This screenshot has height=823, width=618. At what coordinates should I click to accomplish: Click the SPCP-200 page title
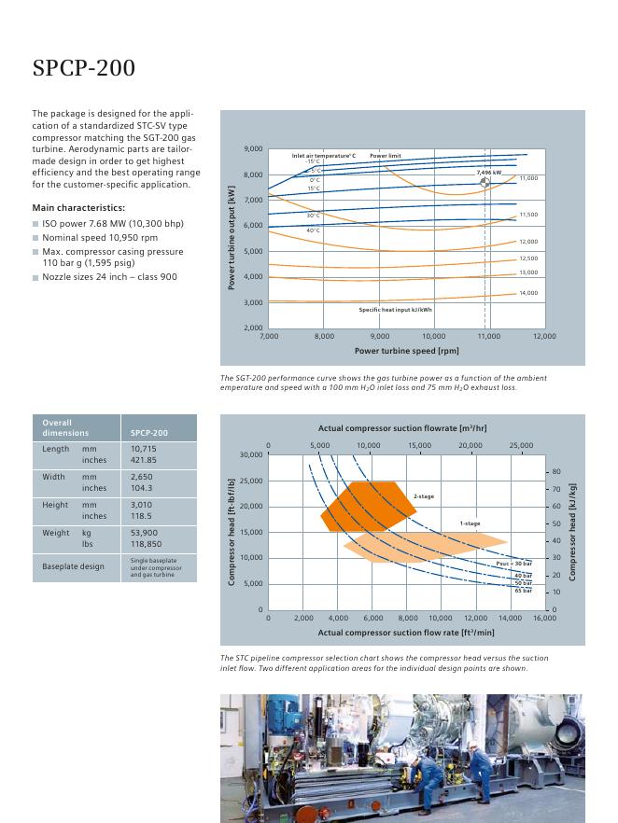click(84, 68)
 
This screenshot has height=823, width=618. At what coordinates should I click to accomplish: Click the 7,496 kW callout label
click(488, 173)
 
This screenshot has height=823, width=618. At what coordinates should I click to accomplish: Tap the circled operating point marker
click(485, 183)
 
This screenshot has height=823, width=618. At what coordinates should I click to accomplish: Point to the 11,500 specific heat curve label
click(528, 215)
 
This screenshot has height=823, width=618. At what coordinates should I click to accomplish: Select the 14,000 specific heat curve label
click(528, 293)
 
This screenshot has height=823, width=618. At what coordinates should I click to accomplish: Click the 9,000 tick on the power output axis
click(253, 149)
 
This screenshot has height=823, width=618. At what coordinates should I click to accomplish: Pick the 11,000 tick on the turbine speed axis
click(489, 336)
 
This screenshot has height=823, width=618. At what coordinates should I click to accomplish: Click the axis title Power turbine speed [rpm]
click(406, 351)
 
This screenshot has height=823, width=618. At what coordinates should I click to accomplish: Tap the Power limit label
click(385, 155)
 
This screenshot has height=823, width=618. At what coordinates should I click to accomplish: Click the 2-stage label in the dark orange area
click(423, 496)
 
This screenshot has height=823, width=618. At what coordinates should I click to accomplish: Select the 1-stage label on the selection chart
click(470, 523)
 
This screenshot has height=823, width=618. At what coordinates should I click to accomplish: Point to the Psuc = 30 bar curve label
click(514, 564)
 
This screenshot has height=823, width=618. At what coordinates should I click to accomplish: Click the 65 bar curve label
click(523, 591)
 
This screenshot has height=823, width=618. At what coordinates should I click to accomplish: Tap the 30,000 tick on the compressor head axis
click(249, 455)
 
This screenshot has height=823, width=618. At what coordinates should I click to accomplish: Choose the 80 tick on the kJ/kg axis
click(556, 472)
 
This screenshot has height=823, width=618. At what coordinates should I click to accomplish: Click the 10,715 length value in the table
click(144, 449)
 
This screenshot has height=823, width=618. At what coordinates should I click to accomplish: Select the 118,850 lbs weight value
click(147, 543)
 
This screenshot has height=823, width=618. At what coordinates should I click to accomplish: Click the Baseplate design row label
click(73, 566)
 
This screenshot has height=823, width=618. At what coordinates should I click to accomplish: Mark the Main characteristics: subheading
click(78, 207)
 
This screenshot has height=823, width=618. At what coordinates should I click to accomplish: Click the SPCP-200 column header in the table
click(149, 433)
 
